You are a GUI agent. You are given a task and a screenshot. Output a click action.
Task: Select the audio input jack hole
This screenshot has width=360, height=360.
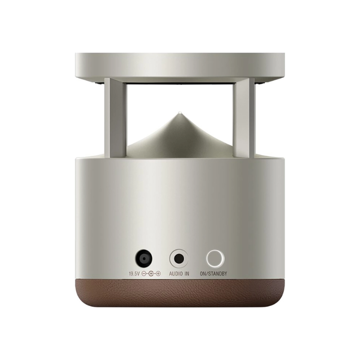[179, 259]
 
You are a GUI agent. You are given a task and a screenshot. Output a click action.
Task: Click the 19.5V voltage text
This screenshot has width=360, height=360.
[135, 274]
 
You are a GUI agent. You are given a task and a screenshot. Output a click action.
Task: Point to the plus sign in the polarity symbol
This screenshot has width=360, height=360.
[158, 274]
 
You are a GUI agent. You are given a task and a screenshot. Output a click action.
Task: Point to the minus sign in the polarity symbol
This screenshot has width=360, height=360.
[144, 274]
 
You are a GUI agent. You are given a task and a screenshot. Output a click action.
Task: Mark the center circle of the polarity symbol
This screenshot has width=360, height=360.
[151, 274]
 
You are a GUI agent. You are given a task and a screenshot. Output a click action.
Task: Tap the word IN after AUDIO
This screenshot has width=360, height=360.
[187, 274]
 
